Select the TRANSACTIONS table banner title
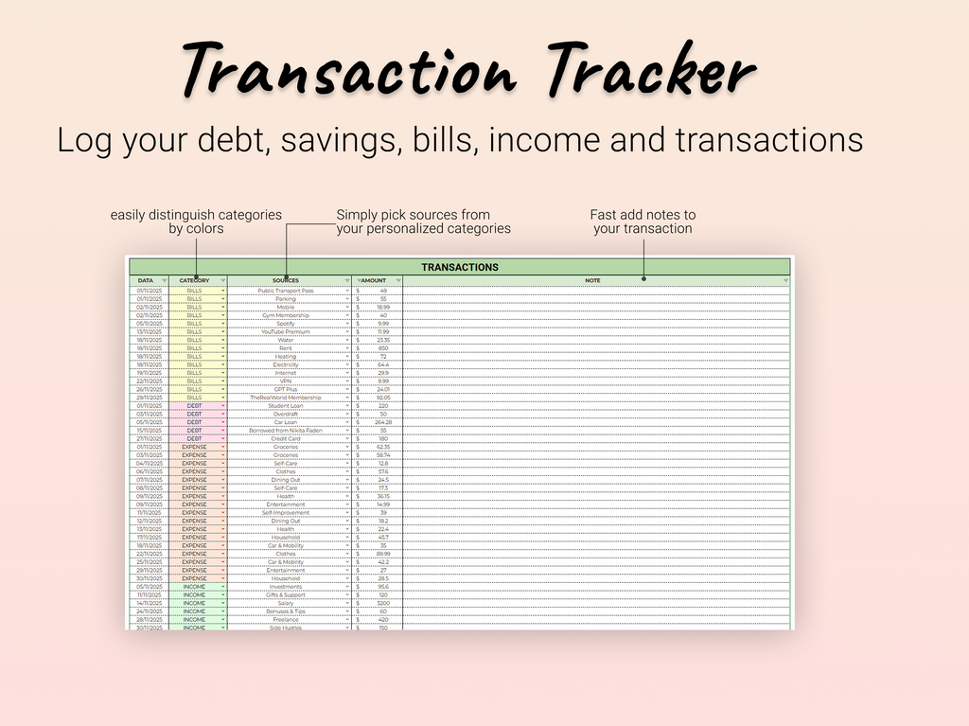click(459, 267)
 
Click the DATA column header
click(145, 281)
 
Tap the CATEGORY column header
click(194, 281)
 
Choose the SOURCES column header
click(285, 281)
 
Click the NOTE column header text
click(592, 281)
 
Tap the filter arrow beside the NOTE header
click(784, 281)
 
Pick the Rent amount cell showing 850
click(382, 348)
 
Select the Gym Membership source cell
click(285, 315)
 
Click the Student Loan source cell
click(285, 406)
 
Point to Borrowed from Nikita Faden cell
click(285, 431)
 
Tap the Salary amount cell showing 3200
click(382, 603)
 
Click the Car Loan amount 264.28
click(382, 422)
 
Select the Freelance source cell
click(285, 620)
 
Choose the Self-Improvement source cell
click(285, 513)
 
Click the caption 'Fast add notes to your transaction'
click(643, 221)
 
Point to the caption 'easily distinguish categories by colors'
click(196, 221)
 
